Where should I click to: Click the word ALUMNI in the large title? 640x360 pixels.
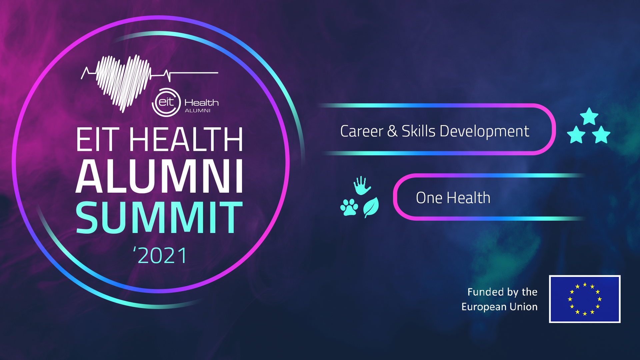tap(160, 176)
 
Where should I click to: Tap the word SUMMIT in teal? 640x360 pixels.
tap(159, 218)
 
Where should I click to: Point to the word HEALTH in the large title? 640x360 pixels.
tap(186, 140)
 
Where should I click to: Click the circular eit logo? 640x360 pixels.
tap(166, 102)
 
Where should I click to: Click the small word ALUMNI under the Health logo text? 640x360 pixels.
tap(198, 111)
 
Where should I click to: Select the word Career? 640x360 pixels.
tap(362, 131)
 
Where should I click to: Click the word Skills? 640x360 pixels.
tap(418, 131)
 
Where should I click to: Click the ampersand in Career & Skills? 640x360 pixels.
tap(392, 131)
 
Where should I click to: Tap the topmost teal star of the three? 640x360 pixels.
tap(589, 116)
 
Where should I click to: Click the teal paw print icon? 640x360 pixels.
tap(349, 207)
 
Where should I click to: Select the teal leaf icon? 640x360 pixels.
tap(371, 207)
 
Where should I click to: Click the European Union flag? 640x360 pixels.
tap(585, 299)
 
